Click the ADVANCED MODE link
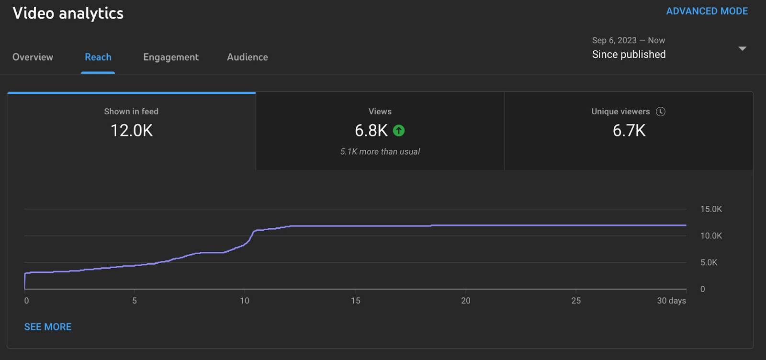(x=707, y=11)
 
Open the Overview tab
(x=33, y=57)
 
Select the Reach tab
(x=98, y=57)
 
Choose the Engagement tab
(x=171, y=57)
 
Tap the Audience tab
(x=248, y=57)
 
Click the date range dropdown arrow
(x=742, y=48)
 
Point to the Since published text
(x=629, y=55)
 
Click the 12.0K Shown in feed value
(x=132, y=130)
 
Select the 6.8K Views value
(x=371, y=130)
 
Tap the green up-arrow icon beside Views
(x=399, y=130)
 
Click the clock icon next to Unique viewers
(x=661, y=112)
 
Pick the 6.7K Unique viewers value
(x=629, y=130)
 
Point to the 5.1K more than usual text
(x=380, y=152)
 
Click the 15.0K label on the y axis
(x=711, y=209)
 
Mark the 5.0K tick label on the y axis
(x=709, y=262)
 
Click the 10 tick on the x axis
(x=245, y=301)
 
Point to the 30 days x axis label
(x=671, y=301)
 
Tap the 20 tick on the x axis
(x=465, y=301)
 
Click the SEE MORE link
(x=48, y=327)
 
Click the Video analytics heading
(x=68, y=13)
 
